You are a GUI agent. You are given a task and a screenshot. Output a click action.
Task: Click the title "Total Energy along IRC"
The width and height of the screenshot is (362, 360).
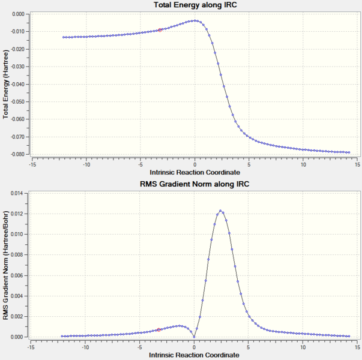click(x=195, y=5)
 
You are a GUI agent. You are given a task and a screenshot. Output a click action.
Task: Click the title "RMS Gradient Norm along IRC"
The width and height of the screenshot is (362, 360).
click(x=195, y=184)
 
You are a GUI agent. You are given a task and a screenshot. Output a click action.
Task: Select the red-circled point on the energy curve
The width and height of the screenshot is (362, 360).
click(x=160, y=30)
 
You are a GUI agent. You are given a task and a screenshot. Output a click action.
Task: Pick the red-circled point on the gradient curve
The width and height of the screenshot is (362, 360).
click(x=159, y=330)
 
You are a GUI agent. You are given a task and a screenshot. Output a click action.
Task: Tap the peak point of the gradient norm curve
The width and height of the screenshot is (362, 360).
click(x=220, y=211)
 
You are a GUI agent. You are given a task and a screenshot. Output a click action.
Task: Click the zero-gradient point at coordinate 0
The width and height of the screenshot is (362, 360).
click(x=194, y=337)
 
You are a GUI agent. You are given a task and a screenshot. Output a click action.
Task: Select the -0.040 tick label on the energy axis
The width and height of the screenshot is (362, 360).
click(x=17, y=84)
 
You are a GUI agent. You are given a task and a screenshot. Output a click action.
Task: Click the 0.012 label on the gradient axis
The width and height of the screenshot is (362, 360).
click(x=17, y=214)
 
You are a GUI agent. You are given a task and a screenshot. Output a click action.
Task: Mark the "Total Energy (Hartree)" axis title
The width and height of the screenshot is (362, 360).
click(x=5, y=85)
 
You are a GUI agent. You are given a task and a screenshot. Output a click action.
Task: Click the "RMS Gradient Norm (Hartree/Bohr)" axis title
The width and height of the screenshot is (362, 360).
click(x=5, y=265)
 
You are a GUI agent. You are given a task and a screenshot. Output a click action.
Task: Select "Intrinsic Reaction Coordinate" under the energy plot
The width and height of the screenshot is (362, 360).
click(x=195, y=172)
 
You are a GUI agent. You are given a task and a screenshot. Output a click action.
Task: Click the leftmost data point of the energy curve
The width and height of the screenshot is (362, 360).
click(x=64, y=37)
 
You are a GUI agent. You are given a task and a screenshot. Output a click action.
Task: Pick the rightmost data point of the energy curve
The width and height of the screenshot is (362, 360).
click(x=349, y=152)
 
